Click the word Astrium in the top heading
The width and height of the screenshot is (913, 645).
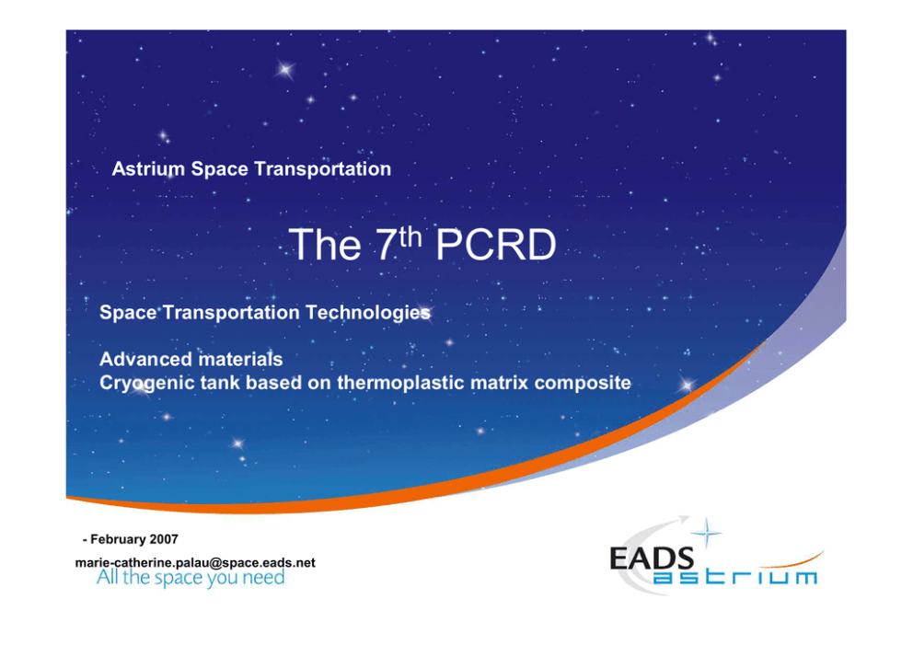(x=148, y=168)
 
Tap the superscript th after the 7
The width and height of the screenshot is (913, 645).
(x=410, y=236)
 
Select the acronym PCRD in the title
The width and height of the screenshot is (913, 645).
(x=496, y=245)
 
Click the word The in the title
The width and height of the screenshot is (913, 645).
(x=325, y=245)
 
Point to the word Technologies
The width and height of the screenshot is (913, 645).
(x=368, y=313)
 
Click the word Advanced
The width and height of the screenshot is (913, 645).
(x=144, y=359)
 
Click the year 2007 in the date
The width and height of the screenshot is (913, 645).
(x=164, y=539)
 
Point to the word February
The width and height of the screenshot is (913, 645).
(x=118, y=539)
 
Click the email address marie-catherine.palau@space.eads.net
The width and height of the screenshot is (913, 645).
(x=195, y=563)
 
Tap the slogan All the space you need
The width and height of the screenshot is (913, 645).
(x=191, y=578)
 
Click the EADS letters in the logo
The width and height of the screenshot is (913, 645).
(x=652, y=559)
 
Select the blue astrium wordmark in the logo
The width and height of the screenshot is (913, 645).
(x=734, y=577)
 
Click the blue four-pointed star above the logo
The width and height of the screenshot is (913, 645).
(x=706, y=532)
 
